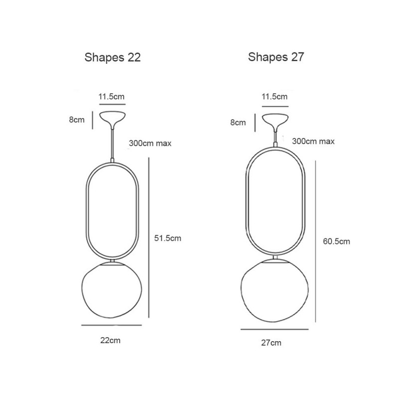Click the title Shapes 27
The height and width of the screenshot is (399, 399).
276,57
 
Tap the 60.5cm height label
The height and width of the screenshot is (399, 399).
336,241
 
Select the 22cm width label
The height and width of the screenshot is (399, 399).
110,341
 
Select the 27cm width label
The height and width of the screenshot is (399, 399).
271,343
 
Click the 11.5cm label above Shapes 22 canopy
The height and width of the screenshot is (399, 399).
111,97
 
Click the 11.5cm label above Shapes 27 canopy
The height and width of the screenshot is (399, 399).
275,96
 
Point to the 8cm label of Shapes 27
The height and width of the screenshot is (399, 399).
238,122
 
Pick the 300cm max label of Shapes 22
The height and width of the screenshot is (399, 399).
150,143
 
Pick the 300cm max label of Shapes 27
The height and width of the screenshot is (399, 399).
313,142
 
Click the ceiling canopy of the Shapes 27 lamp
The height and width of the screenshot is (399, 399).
275,120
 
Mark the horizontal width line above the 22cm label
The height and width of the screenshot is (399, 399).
111,325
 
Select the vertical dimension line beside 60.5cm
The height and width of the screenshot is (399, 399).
316,242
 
